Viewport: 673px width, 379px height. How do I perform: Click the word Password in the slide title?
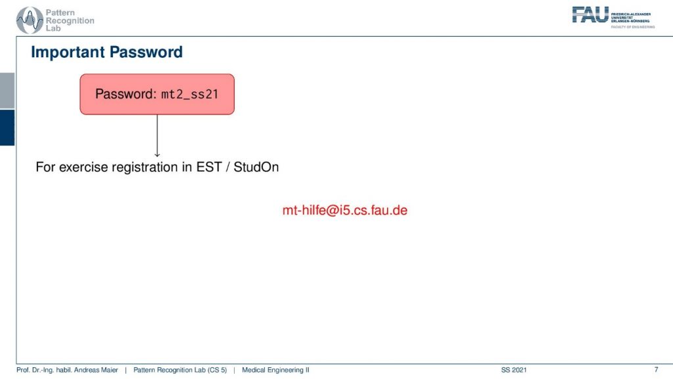[146, 52]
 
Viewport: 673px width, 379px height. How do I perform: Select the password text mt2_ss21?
[190, 95]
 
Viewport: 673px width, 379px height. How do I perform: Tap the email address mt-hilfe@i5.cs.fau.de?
[344, 210]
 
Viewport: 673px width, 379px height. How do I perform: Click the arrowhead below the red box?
[157, 154]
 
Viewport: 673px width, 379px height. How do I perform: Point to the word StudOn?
[256, 166]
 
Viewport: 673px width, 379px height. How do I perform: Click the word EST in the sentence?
[208, 166]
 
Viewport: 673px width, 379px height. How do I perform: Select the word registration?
[145, 167]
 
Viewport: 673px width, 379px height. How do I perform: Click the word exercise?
[83, 167]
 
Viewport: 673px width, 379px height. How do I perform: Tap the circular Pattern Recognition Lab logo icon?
[30, 20]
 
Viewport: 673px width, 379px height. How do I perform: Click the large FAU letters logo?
[590, 14]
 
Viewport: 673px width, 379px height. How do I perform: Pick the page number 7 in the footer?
[656, 370]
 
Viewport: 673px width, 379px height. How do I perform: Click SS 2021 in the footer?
[514, 370]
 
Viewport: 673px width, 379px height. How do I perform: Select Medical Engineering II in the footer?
[275, 370]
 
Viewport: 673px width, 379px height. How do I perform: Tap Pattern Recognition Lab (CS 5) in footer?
[180, 370]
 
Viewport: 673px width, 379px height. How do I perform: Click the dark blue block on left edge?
[7, 128]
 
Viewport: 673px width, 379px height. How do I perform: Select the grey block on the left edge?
[7, 91]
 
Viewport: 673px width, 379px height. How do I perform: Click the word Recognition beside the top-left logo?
[70, 20]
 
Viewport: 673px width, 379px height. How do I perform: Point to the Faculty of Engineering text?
[633, 27]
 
